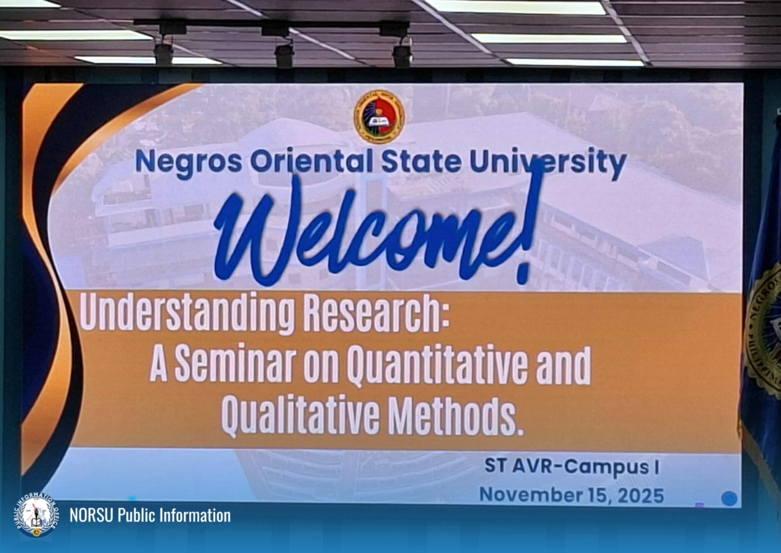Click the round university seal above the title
pyautogui.click(x=379, y=117)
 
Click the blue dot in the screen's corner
pyautogui.click(x=729, y=499)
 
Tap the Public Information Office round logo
pyautogui.click(x=36, y=515)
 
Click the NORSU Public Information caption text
pyautogui.click(x=150, y=515)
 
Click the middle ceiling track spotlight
pyautogui.click(x=284, y=55)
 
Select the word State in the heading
pyautogui.click(x=421, y=162)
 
